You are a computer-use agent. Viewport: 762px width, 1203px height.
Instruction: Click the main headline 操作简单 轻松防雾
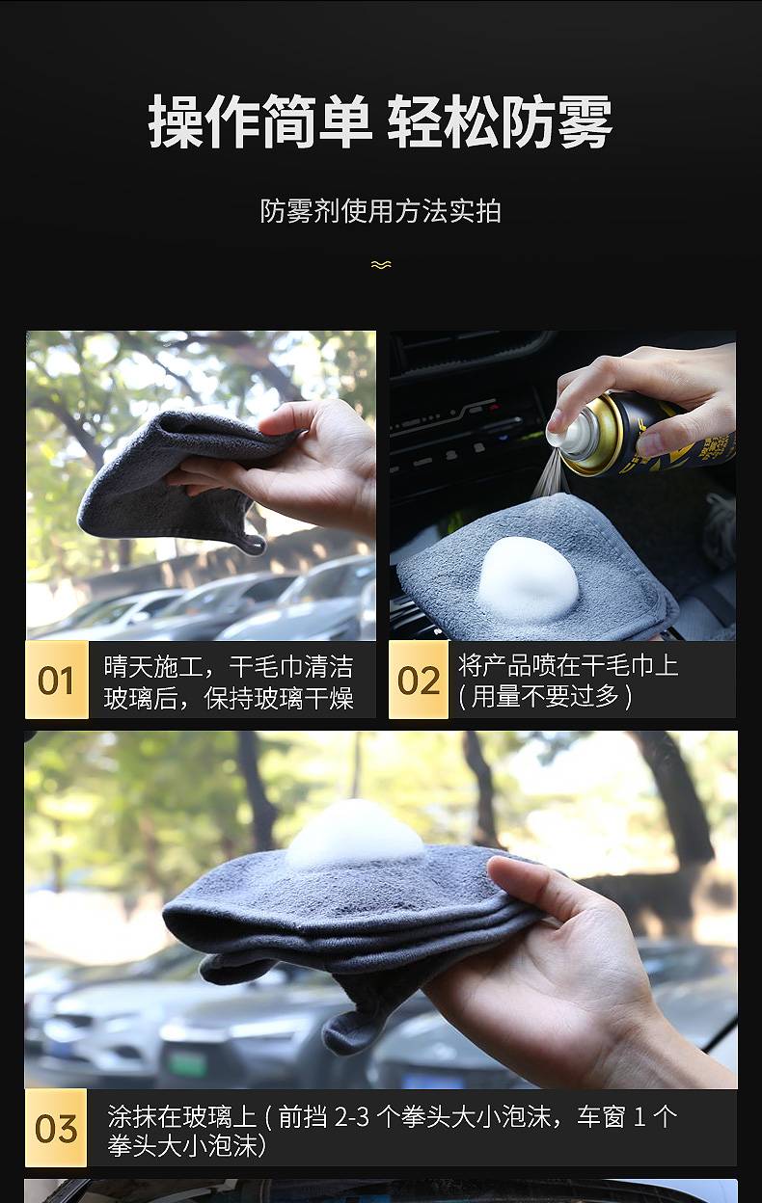380,121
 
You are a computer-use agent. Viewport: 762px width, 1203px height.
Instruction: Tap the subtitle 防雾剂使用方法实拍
380,210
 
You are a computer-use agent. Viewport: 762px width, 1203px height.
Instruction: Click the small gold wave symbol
381,264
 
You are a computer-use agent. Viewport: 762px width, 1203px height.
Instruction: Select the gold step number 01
56,681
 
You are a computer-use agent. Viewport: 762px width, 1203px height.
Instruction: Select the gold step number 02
419,681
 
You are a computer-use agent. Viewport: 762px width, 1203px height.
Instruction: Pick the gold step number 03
56,1129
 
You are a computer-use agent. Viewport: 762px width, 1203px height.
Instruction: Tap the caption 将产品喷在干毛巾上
568,666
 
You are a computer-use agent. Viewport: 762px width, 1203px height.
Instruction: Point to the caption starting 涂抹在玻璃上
392,1129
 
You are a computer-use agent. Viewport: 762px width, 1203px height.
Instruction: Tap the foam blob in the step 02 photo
529,579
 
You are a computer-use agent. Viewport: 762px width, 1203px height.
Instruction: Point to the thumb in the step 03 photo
530,885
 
